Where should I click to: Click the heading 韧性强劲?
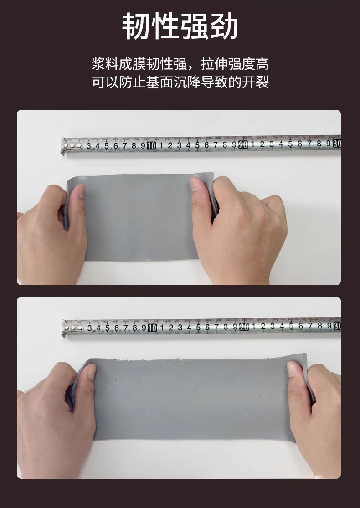[180, 26]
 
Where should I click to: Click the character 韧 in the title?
[136, 26]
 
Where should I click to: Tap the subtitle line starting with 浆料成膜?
[180, 64]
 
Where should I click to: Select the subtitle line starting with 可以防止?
[180, 82]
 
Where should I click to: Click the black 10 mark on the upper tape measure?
[151, 146]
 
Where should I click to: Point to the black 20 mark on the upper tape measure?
[243, 144]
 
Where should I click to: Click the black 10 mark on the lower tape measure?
[152, 328]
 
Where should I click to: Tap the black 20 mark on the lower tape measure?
[244, 327]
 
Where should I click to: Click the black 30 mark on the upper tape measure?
[337, 143]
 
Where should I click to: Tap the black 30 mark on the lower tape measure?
[337, 326]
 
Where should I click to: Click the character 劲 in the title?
[224, 26]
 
